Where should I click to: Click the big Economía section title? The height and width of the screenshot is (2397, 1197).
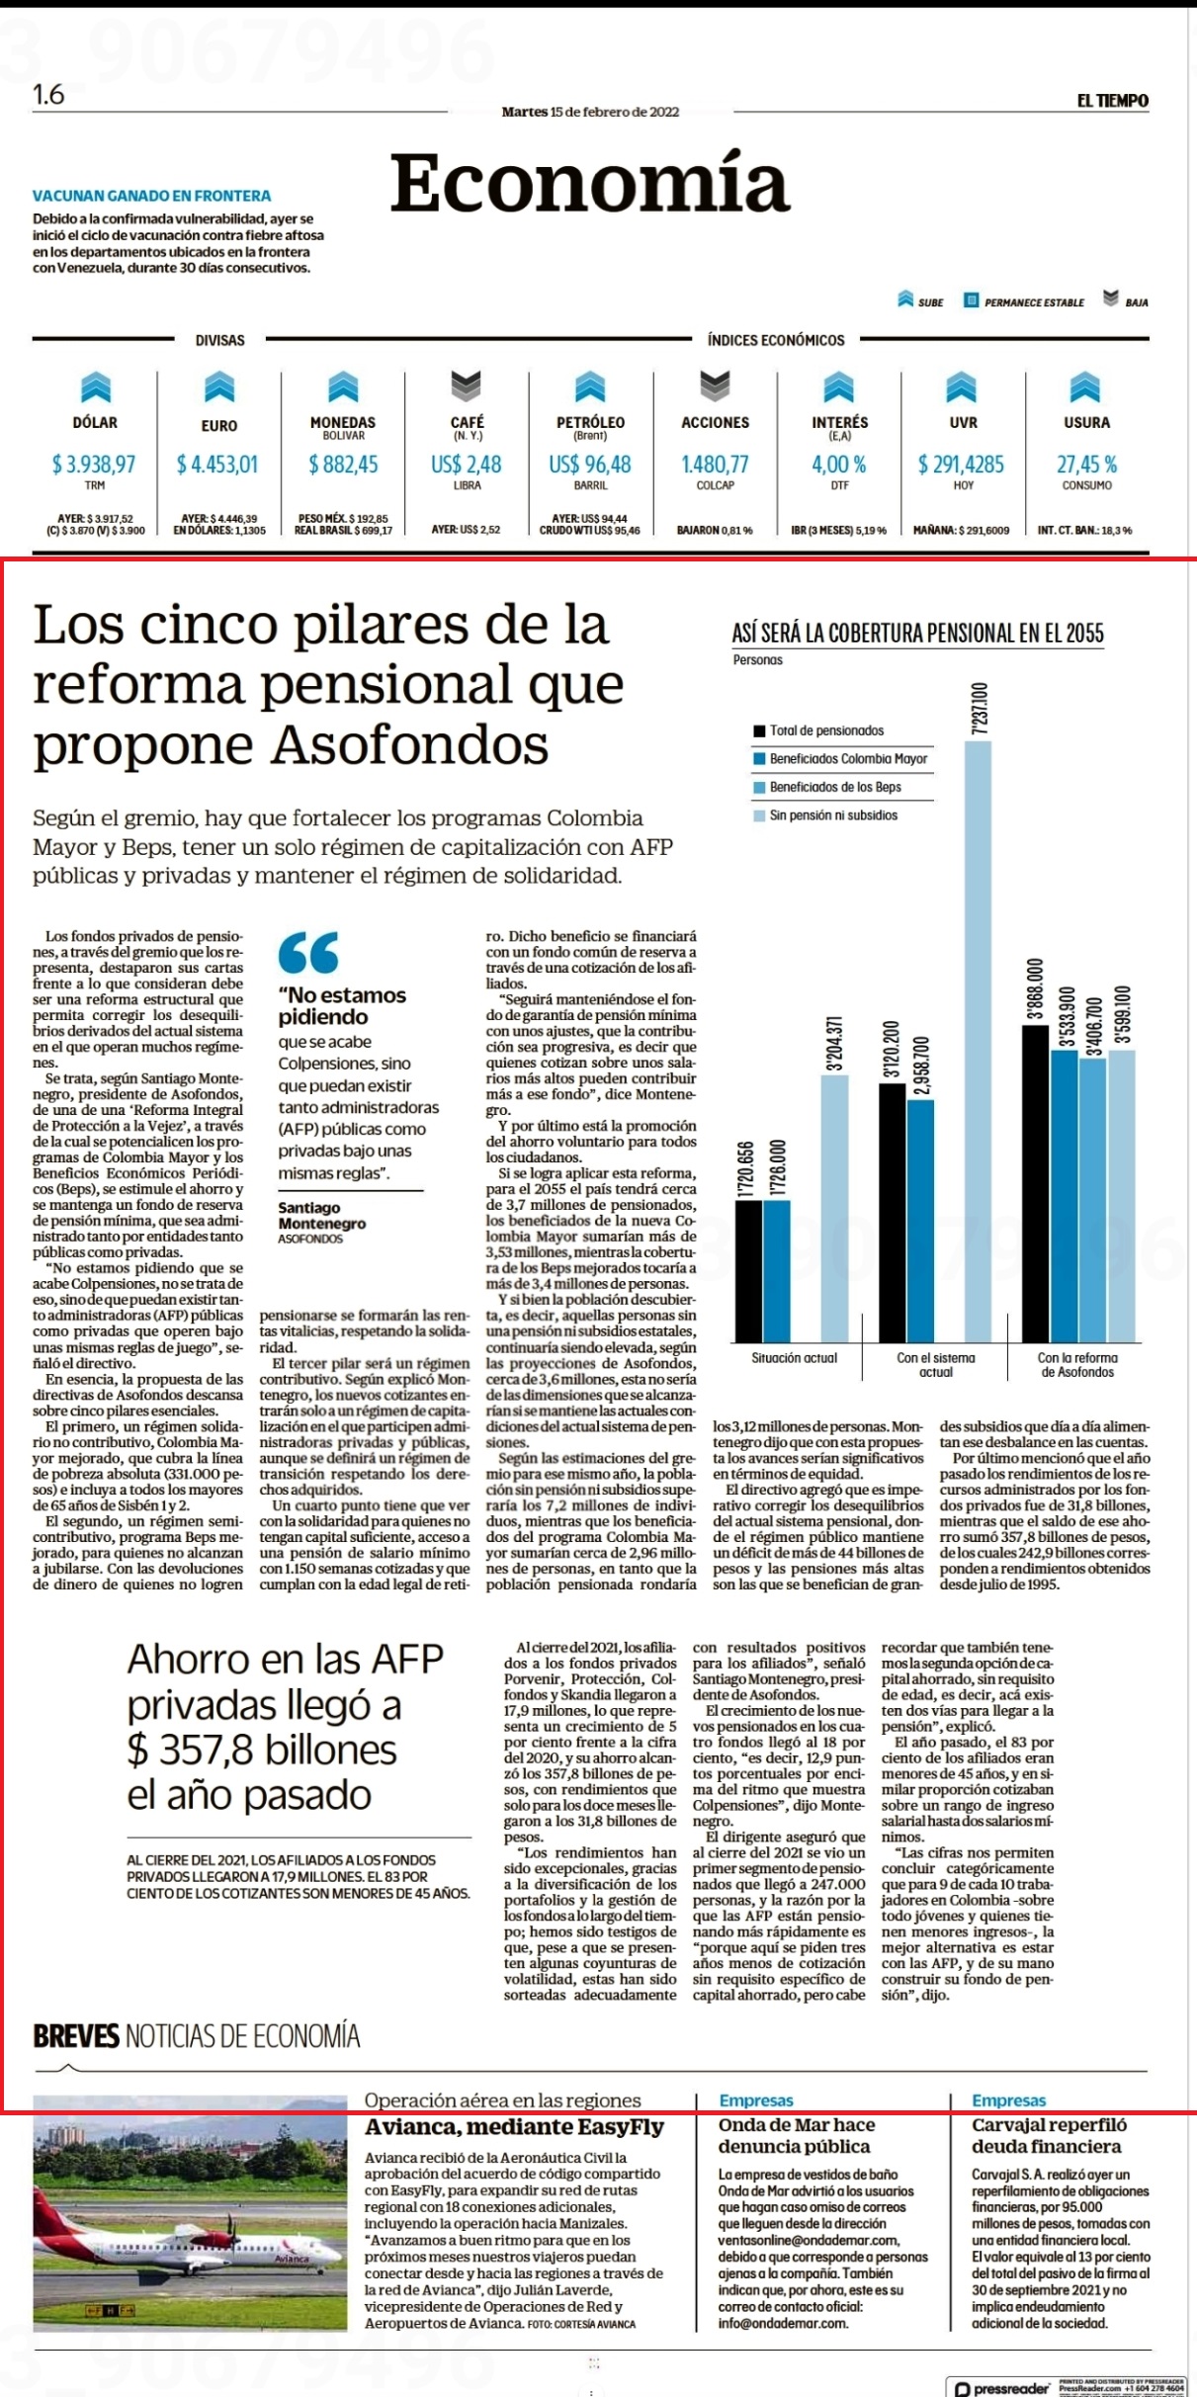[590, 184]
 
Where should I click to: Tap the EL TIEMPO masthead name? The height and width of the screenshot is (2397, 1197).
[1113, 101]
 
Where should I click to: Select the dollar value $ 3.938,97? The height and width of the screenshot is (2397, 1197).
[94, 464]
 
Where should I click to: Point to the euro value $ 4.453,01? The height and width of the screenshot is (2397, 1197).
[217, 464]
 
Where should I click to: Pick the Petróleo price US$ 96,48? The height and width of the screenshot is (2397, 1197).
[590, 464]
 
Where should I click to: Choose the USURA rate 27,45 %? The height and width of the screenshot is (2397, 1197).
[1087, 464]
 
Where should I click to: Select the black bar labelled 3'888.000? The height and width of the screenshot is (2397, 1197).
[1035, 1183]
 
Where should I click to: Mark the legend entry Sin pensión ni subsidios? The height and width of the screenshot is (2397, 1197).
[826, 815]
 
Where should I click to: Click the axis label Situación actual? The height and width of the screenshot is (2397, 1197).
[794, 1358]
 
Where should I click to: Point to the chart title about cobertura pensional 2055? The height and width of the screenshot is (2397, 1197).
[917, 634]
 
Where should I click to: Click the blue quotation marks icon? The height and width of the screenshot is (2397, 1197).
[308, 952]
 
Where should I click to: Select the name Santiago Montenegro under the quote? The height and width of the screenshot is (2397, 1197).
[322, 1216]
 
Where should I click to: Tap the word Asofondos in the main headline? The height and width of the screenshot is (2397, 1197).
[410, 745]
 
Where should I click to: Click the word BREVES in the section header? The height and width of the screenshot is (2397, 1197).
[76, 2036]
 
